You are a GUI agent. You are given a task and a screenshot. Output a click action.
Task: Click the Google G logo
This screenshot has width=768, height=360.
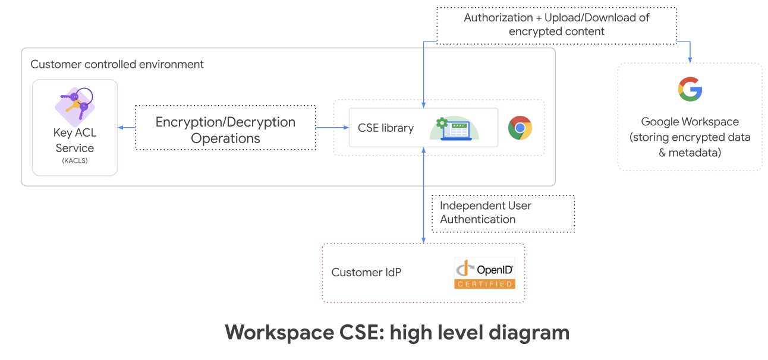click(x=690, y=89)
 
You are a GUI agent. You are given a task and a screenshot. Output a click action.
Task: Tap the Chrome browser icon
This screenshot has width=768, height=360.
click(x=520, y=128)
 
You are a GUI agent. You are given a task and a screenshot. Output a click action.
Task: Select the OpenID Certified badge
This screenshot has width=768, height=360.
click(x=484, y=273)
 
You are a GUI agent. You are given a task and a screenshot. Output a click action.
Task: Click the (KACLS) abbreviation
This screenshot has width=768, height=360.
click(x=75, y=160)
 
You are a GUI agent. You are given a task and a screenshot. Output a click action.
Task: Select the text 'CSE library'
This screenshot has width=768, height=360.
click(x=386, y=128)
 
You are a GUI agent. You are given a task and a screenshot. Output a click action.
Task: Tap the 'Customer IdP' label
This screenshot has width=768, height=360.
click(x=366, y=272)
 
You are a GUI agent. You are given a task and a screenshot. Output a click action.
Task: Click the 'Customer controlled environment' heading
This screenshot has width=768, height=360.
click(x=117, y=64)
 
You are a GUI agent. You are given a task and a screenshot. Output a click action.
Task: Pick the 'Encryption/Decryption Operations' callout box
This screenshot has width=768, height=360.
click(x=226, y=127)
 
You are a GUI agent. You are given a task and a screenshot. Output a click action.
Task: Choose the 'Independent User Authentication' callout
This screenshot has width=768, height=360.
click(x=503, y=214)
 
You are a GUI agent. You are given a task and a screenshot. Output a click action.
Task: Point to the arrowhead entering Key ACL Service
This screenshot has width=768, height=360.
click(x=120, y=127)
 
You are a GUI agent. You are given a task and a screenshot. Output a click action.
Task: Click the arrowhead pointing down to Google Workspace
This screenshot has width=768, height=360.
click(x=690, y=60)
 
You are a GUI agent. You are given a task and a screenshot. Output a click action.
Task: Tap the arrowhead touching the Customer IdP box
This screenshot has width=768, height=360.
click(x=423, y=240)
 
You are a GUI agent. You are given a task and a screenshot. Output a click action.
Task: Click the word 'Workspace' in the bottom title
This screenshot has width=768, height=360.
click(x=279, y=333)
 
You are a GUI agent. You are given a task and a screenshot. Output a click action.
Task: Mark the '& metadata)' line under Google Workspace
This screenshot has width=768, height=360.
click(x=690, y=153)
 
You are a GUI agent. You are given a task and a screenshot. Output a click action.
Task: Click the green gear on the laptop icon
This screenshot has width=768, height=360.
click(x=442, y=123)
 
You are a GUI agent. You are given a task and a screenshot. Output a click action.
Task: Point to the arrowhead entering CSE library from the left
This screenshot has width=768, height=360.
click(x=346, y=127)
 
